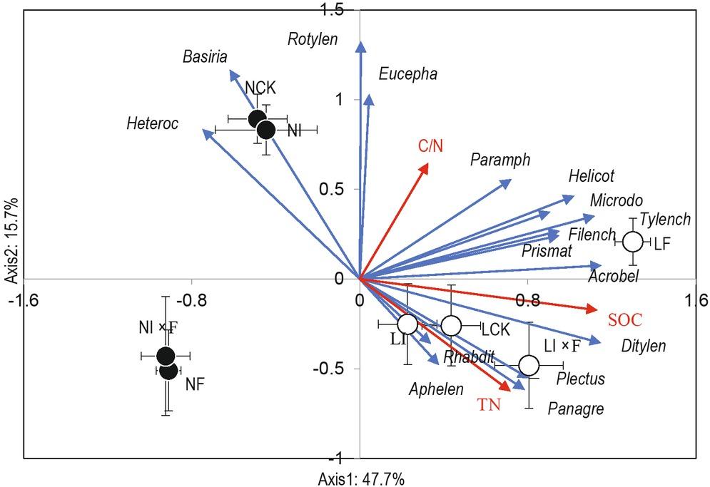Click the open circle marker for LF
pos(634,242)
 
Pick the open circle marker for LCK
pos(451,326)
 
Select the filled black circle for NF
pos(169,370)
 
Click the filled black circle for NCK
pos(258,119)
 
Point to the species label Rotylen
pos(313,39)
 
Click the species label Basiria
pos(203,56)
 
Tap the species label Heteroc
pos(153,124)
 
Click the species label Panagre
pos(575,409)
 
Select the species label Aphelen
pos(435,389)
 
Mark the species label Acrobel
pos(613,275)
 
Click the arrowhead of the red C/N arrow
pos(427,166)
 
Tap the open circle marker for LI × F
pos(529,365)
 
